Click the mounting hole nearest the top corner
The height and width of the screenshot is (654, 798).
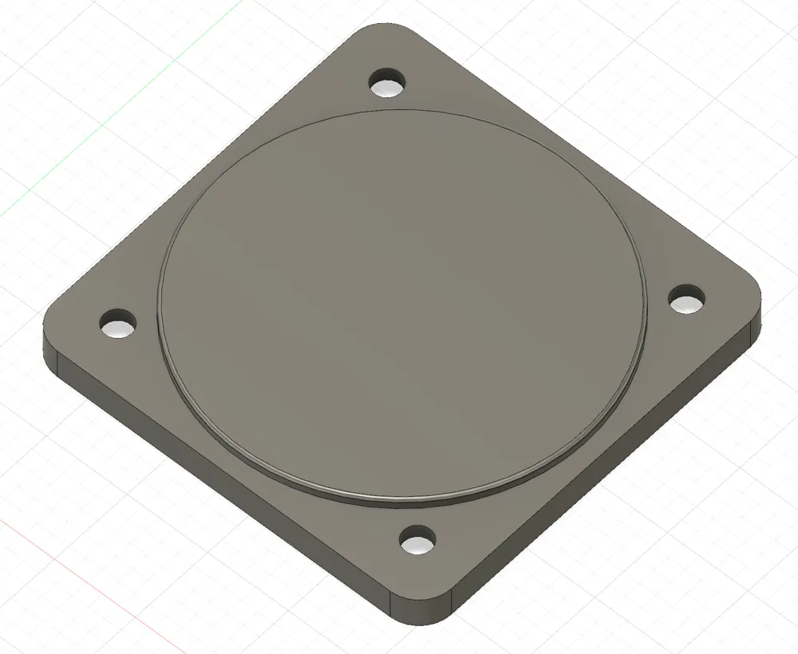pyautogui.click(x=389, y=82)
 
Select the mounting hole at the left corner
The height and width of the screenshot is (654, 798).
pyautogui.click(x=118, y=325)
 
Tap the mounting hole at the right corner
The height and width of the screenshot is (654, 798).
pyautogui.click(x=686, y=301)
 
